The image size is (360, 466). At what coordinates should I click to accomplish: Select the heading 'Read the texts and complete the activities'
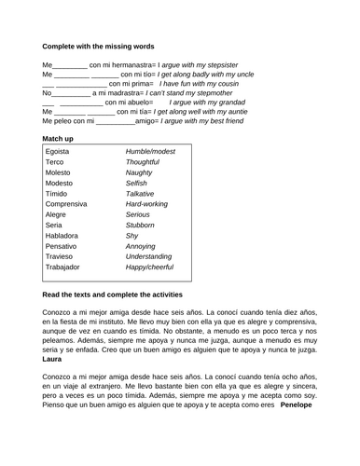pyautogui.click(x=133, y=295)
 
